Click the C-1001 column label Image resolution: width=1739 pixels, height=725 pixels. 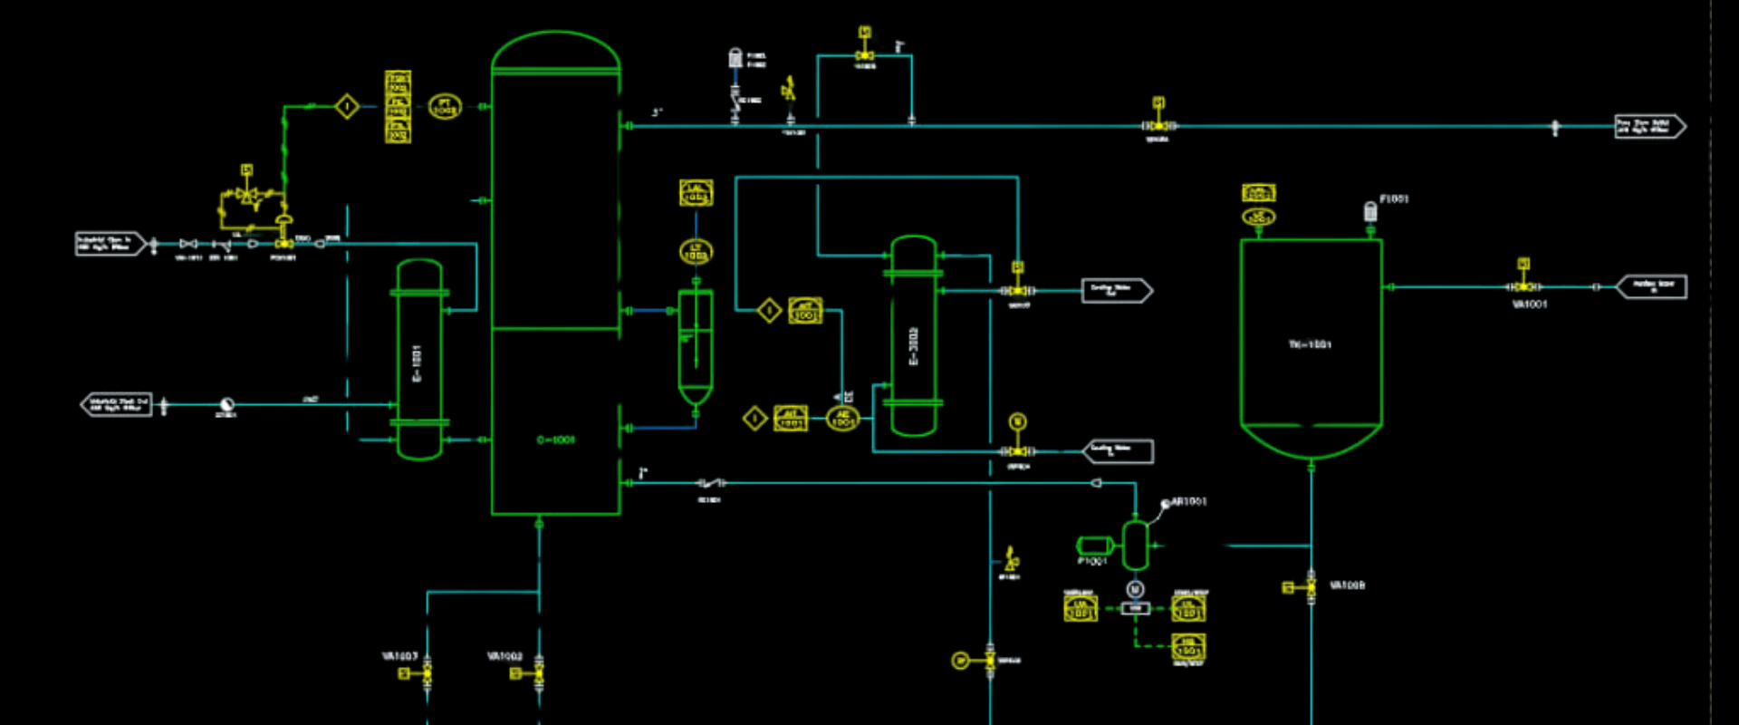[555, 440]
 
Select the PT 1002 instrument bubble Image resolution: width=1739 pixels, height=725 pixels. [444, 107]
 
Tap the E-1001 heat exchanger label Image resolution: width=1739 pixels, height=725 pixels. [418, 362]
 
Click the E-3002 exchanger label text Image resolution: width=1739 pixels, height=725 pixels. [914, 346]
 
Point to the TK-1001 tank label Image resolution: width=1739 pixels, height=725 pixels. [1310, 344]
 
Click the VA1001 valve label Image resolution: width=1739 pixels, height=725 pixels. [1530, 304]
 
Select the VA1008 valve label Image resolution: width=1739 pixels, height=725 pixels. [1347, 585]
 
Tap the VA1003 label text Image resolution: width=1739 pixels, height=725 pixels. [399, 655]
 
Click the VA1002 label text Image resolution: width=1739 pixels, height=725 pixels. [504, 655]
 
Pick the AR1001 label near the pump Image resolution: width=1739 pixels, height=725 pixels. [1189, 501]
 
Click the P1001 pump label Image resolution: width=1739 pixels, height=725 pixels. [1092, 561]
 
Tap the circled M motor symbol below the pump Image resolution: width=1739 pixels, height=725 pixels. [1135, 590]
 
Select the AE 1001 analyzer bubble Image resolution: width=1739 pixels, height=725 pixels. [842, 418]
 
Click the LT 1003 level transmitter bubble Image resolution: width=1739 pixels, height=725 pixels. [696, 252]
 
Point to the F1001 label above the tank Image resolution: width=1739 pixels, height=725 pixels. [1394, 198]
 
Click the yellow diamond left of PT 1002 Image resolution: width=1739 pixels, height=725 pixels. [347, 107]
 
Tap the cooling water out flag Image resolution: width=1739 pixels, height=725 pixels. [1116, 290]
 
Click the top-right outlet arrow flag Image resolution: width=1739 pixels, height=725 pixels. [1649, 126]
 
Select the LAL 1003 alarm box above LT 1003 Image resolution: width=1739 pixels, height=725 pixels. [696, 192]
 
